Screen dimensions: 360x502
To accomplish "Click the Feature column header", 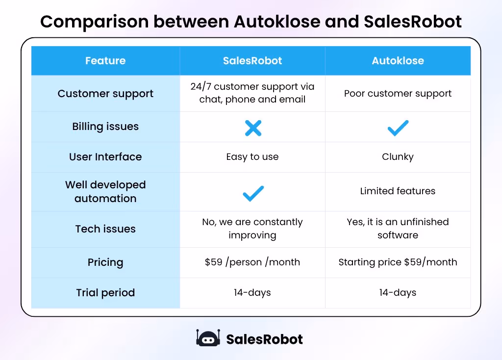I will [x=105, y=61].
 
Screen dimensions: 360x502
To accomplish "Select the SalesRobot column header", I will [x=252, y=61].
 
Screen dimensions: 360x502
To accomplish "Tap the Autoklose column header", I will [x=398, y=61].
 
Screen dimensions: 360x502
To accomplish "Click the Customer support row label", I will [x=105, y=94].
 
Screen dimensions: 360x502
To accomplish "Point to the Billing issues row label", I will [x=105, y=127].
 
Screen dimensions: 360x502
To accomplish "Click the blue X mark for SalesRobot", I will [x=253, y=128].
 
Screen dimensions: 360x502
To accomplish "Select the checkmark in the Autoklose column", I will [x=398, y=128].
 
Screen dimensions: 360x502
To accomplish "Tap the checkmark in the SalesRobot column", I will [x=253, y=194].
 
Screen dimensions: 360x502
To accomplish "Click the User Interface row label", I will [x=105, y=157].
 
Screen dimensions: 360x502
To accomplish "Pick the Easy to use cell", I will [x=252, y=157].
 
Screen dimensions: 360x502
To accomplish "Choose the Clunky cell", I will [x=398, y=157].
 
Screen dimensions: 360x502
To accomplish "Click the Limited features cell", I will [x=398, y=191].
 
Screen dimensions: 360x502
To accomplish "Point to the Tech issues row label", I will [x=105, y=229].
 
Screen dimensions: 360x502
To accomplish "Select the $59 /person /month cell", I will [x=252, y=262].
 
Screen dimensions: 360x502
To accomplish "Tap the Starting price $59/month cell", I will [x=398, y=262].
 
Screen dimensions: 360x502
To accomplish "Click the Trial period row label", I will [x=105, y=293].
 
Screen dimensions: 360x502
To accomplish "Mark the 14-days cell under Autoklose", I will [x=398, y=293].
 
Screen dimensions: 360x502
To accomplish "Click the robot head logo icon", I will [x=208, y=338].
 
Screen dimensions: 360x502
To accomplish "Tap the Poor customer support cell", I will [x=398, y=94].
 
